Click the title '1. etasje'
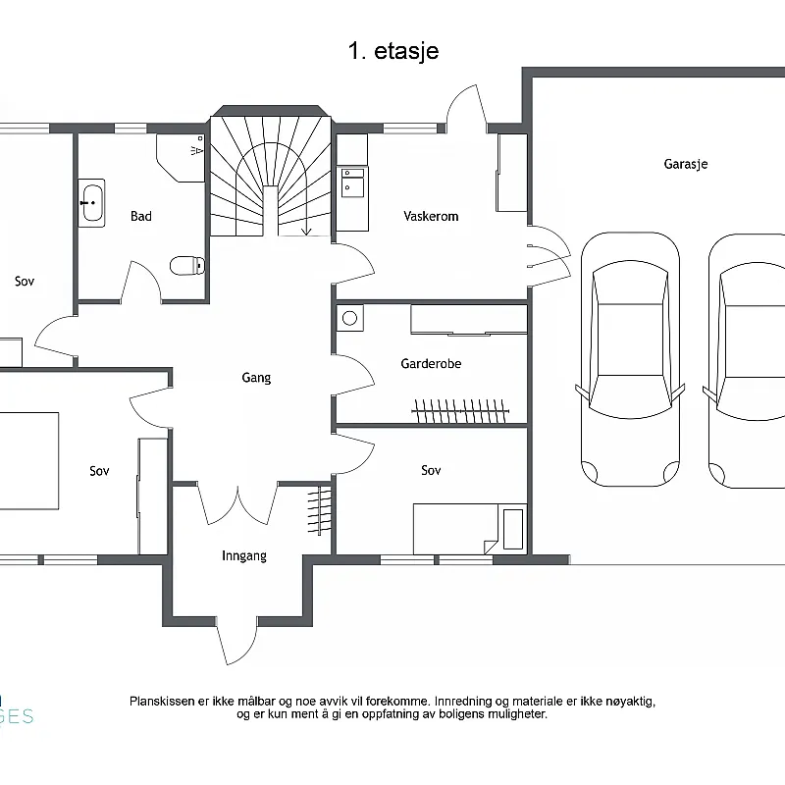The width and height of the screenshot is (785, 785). pos(393,51)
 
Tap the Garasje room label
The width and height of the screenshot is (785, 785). pos(685,164)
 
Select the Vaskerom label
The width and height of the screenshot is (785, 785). pos(431,216)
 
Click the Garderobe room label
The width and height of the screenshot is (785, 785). pos(431,363)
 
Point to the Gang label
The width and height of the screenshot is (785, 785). pos(256,378)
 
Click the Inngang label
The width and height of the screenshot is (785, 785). pos(244,555)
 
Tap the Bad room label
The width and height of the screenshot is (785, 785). pos(141,216)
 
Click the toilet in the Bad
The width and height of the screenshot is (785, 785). pos(187,265)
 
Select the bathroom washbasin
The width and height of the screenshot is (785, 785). pos(91,203)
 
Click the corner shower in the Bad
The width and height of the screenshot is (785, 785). pos(181,157)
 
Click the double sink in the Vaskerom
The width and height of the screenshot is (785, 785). pos(352,183)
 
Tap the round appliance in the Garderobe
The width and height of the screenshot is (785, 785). pos(350,317)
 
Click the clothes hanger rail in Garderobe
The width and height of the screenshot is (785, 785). pos(460,410)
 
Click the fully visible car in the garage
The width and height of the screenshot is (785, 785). pos(630,359)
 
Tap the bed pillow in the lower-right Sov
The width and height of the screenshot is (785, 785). pos(512,529)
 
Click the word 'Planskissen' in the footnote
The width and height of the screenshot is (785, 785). pos(162,702)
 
